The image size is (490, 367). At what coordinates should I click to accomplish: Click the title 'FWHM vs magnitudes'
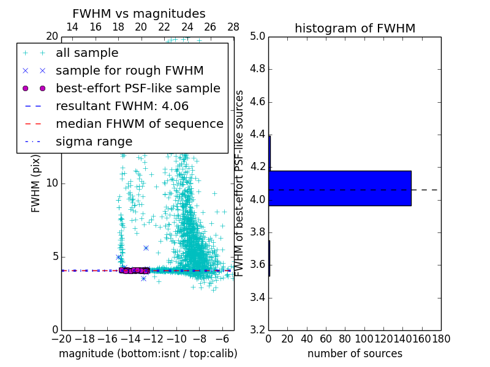[x=139, y=13]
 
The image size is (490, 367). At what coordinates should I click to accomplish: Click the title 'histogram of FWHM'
[x=355, y=28]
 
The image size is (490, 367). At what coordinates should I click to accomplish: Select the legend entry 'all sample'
[x=87, y=53]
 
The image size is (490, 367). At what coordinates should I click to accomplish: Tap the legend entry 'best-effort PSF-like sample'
[x=138, y=89]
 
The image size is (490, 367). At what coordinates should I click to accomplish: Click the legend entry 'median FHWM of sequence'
[x=139, y=124]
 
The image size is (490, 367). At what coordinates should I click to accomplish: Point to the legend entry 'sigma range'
[x=94, y=142]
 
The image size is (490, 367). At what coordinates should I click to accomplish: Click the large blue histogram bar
[x=339, y=188]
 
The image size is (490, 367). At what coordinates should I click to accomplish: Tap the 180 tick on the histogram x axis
[x=441, y=338]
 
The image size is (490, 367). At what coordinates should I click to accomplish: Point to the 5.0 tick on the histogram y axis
[x=257, y=37]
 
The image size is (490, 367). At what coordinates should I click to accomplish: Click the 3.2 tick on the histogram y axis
[x=257, y=330]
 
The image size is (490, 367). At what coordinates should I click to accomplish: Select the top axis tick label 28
[x=233, y=27]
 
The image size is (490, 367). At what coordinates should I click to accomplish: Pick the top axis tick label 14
[x=72, y=27]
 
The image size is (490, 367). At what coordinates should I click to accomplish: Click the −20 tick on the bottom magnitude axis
[x=61, y=338]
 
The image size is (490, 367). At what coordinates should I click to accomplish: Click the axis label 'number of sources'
[x=355, y=354]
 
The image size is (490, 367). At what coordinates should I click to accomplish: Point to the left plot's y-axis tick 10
[x=52, y=183]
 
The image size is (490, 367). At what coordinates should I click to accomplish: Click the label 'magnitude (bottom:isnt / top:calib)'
[x=148, y=354]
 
